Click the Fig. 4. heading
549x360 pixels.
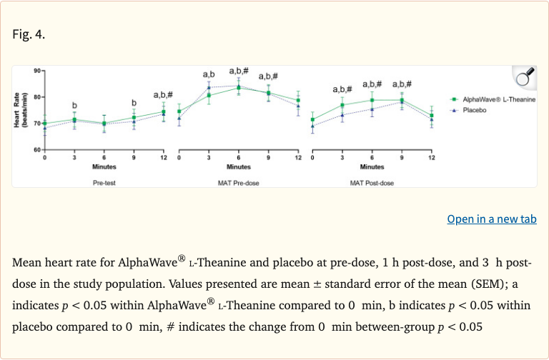coord(29,34)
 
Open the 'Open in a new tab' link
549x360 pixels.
coord(491,219)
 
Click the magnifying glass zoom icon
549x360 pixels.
coord(524,76)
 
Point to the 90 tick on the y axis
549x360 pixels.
coord(36,70)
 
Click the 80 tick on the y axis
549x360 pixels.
coord(36,97)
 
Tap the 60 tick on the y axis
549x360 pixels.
coord(36,150)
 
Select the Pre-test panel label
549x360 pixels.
coord(104,183)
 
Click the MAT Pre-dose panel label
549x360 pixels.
coord(238,183)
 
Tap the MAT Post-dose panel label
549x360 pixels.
coord(372,183)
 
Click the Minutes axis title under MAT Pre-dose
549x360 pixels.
coord(238,167)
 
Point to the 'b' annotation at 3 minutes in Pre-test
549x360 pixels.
coord(74,106)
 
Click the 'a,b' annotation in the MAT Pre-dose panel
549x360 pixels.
coord(209,74)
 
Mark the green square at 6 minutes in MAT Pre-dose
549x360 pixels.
coord(239,88)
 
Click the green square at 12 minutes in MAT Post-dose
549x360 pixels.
coord(432,116)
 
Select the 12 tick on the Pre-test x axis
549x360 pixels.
coord(163,157)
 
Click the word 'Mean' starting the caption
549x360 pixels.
coord(29,262)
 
